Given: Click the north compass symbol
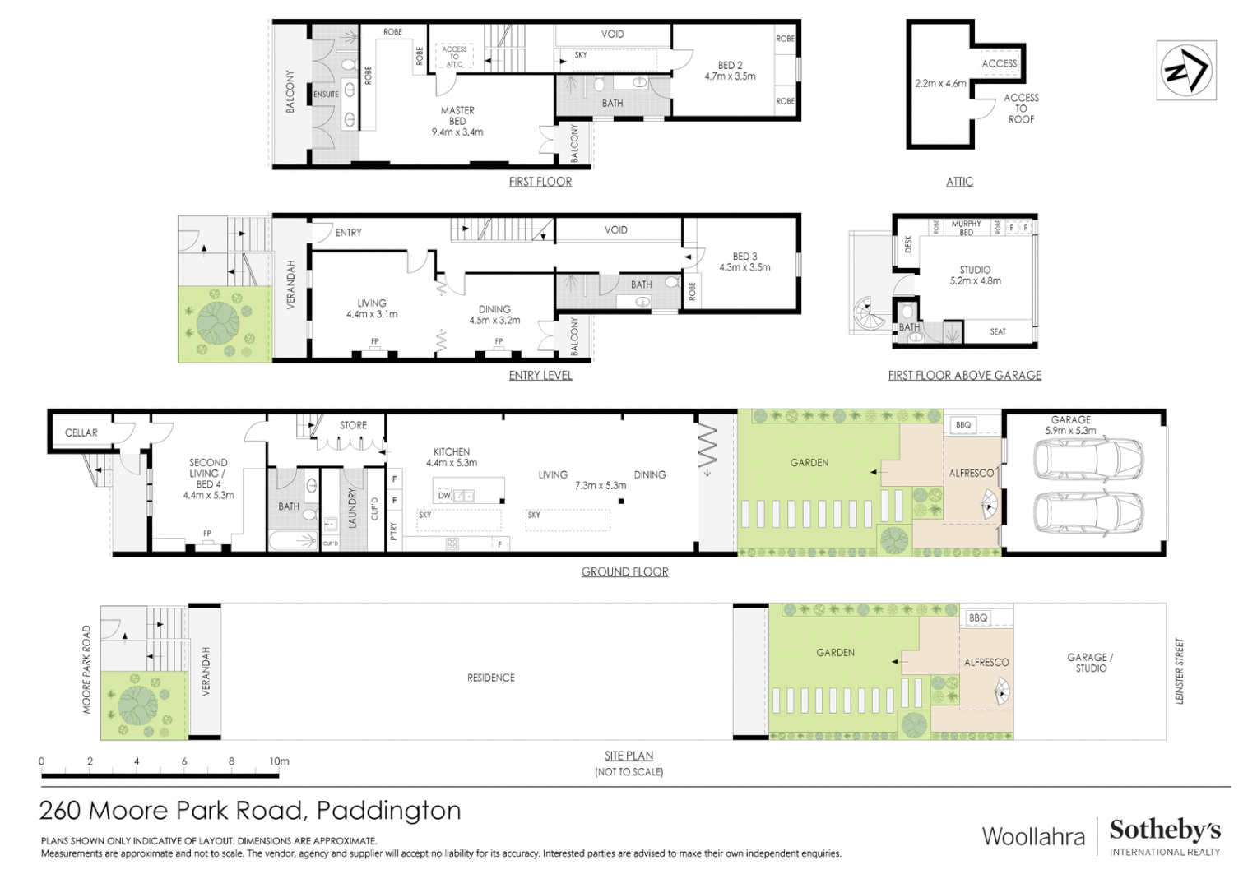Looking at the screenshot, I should tap(1185, 71).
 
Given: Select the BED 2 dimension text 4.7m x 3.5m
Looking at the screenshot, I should tap(730, 76).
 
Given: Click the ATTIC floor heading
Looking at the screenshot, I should tap(959, 182).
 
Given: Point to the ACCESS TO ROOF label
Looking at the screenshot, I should tap(1021, 109).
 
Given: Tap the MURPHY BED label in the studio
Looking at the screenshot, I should tap(966, 228).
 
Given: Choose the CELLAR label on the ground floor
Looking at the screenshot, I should tap(81, 432).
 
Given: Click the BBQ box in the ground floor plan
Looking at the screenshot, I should tap(963, 425).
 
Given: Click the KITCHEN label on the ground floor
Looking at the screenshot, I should tap(452, 451).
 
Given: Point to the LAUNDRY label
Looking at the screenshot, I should tap(352, 507).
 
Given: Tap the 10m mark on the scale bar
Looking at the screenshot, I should tap(279, 761).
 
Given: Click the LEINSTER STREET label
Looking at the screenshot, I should tap(1179, 671).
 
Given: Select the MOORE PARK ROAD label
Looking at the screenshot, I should tap(87, 669).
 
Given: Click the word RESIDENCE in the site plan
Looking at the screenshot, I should tap(491, 678).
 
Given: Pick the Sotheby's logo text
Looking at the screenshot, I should tap(1164, 830).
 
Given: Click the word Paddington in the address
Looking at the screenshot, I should tap(388, 811).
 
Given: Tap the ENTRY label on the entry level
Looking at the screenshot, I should tap(348, 233).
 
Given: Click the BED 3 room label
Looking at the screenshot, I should tap(744, 257).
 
